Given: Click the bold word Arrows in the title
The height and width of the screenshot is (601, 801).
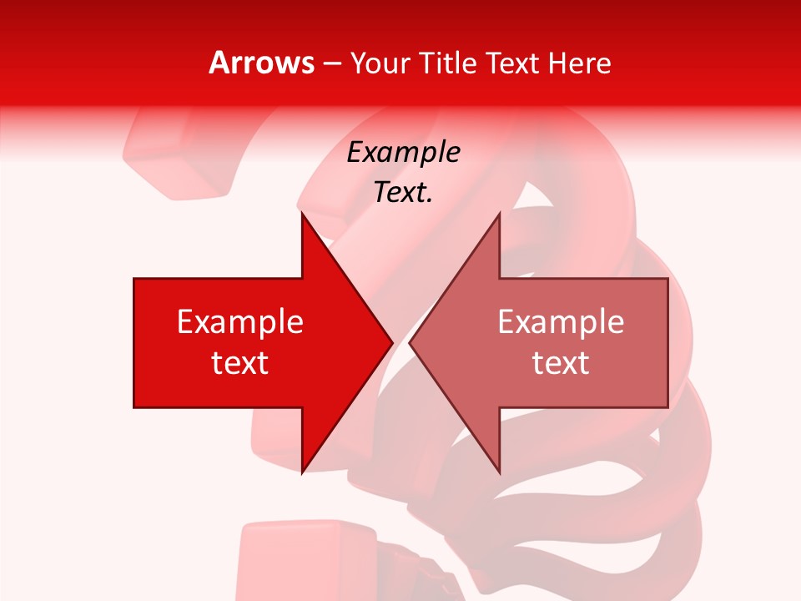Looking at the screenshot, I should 262,63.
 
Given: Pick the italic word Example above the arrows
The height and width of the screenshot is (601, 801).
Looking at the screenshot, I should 403,153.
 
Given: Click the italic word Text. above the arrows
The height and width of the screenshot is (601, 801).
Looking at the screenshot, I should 403,193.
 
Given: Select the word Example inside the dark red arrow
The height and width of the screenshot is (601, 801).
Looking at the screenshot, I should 240,322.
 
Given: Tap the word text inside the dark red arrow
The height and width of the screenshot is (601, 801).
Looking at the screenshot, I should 240,363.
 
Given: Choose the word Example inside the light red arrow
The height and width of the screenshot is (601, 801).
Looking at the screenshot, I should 561,322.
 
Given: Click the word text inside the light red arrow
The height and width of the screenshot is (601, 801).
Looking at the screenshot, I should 561,363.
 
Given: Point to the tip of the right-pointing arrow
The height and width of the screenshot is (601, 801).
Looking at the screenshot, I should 392,343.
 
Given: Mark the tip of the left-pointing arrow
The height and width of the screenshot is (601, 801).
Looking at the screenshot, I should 410,343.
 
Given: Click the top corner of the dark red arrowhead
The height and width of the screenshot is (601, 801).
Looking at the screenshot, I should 302,214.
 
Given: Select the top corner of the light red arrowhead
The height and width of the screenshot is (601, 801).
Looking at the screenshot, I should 499,214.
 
